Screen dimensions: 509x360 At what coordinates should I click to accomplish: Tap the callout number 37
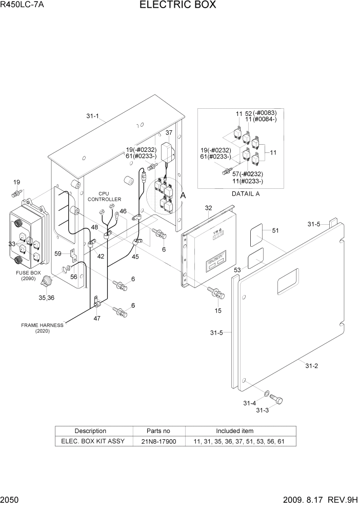(169, 133)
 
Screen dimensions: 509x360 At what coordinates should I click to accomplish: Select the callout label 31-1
(92, 116)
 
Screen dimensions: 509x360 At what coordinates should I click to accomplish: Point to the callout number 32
(208, 208)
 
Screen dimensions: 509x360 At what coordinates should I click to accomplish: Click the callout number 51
(275, 230)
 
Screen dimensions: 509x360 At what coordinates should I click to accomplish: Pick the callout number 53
(237, 269)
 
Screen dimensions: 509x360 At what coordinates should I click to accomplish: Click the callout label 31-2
(312, 365)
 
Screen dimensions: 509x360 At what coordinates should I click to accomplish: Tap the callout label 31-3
(262, 410)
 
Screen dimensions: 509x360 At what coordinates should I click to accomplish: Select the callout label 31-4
(249, 403)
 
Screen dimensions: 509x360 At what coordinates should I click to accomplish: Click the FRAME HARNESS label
(42, 325)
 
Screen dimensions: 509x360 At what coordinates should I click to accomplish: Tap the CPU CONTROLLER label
(104, 197)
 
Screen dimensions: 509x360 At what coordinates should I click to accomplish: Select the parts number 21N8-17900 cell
(158, 441)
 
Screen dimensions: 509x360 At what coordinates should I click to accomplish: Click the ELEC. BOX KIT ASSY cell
(93, 441)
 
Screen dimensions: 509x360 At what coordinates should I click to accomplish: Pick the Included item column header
(234, 431)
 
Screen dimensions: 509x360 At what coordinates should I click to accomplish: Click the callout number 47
(96, 318)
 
